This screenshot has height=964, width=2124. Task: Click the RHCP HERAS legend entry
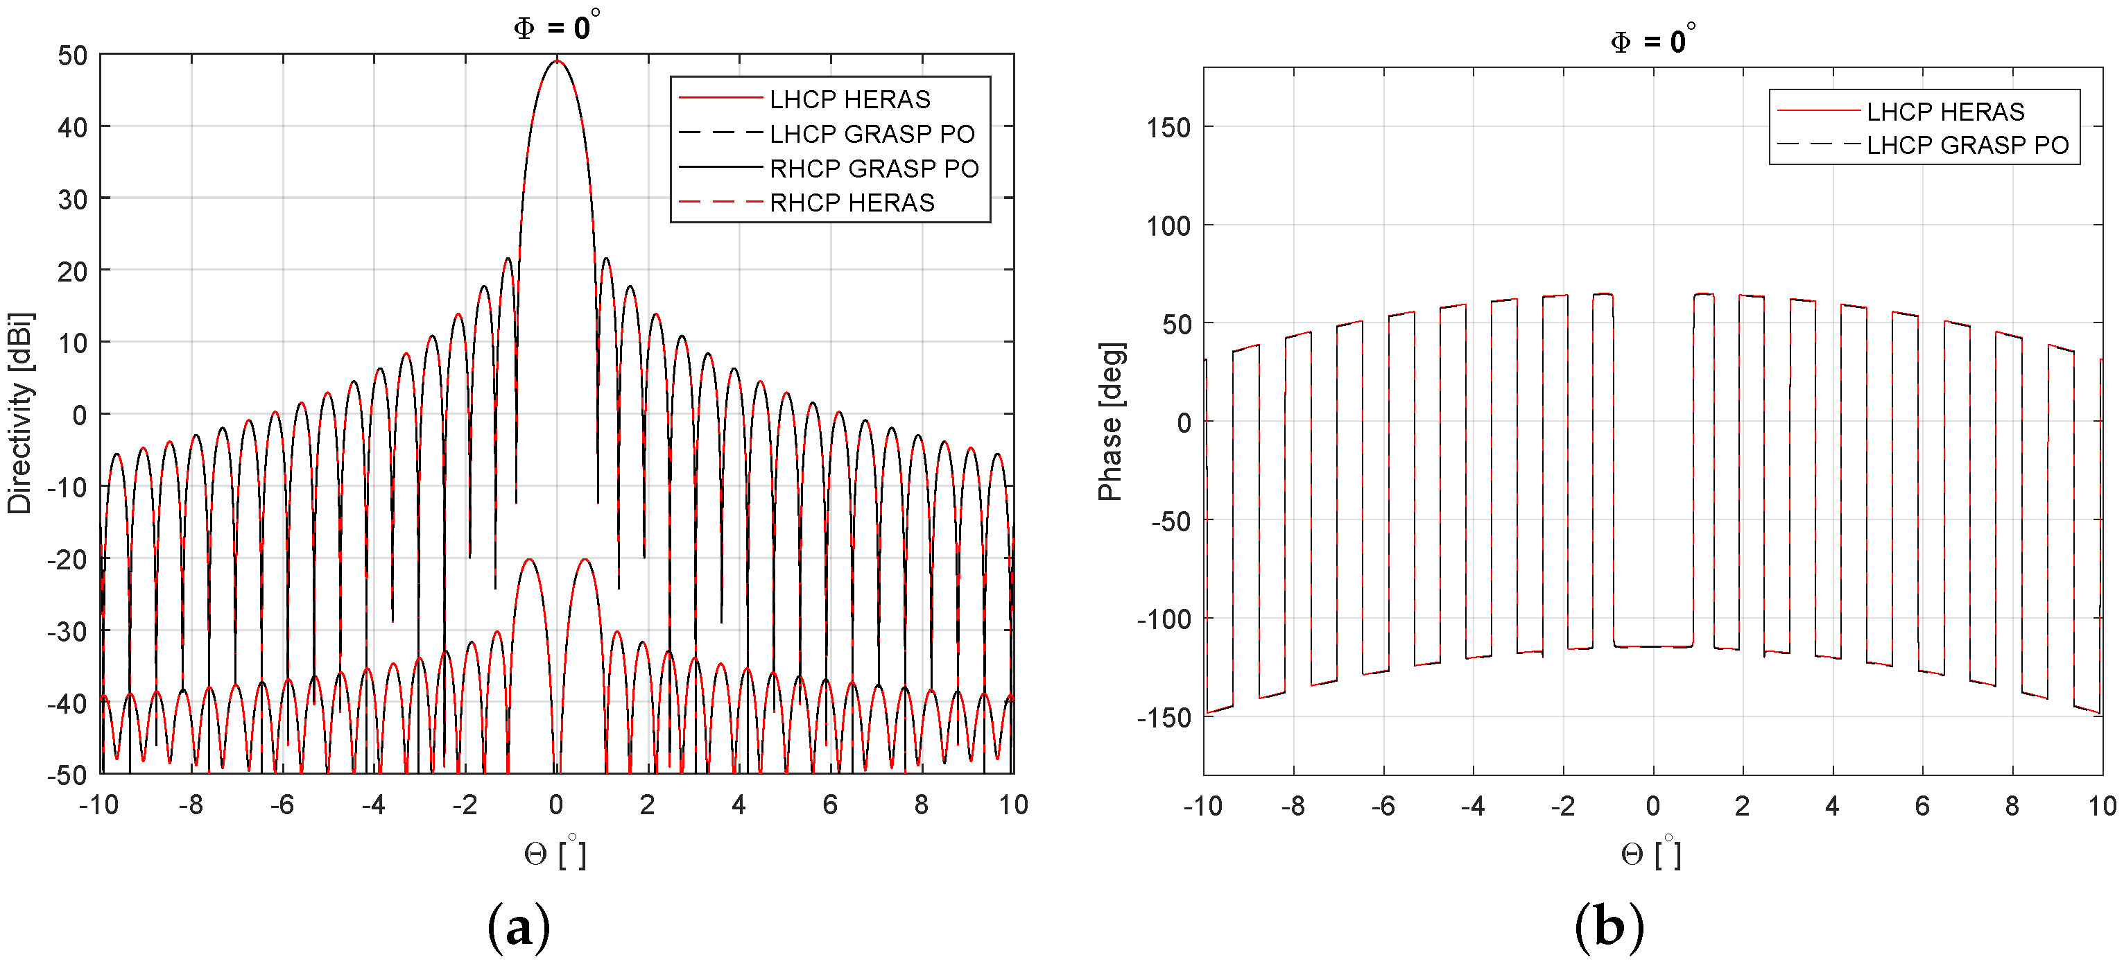coord(851,203)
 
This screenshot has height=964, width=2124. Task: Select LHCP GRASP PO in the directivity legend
coord(871,134)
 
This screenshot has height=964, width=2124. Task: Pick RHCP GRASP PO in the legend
coord(873,169)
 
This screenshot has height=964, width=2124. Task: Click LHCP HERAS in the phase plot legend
coord(1944,112)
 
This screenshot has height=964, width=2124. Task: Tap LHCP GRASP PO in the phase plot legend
coord(1967,145)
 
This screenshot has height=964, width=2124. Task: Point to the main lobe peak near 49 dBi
coord(558,61)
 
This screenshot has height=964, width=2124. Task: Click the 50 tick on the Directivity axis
coord(73,55)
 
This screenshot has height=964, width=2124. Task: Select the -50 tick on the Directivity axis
coord(68,775)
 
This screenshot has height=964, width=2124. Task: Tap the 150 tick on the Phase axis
coord(1168,128)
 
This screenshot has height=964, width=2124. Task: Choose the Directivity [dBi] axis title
coord(20,413)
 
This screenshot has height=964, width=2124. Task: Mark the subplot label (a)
coord(519,927)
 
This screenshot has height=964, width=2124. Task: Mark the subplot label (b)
coord(1609,927)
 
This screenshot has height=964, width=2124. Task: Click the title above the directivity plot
coord(557,26)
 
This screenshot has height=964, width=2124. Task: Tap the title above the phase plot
coord(1652,40)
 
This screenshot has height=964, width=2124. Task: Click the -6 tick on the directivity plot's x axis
coord(282,805)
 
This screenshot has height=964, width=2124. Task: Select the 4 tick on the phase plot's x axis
coord(1832,806)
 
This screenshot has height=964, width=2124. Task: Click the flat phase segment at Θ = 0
coord(1653,646)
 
